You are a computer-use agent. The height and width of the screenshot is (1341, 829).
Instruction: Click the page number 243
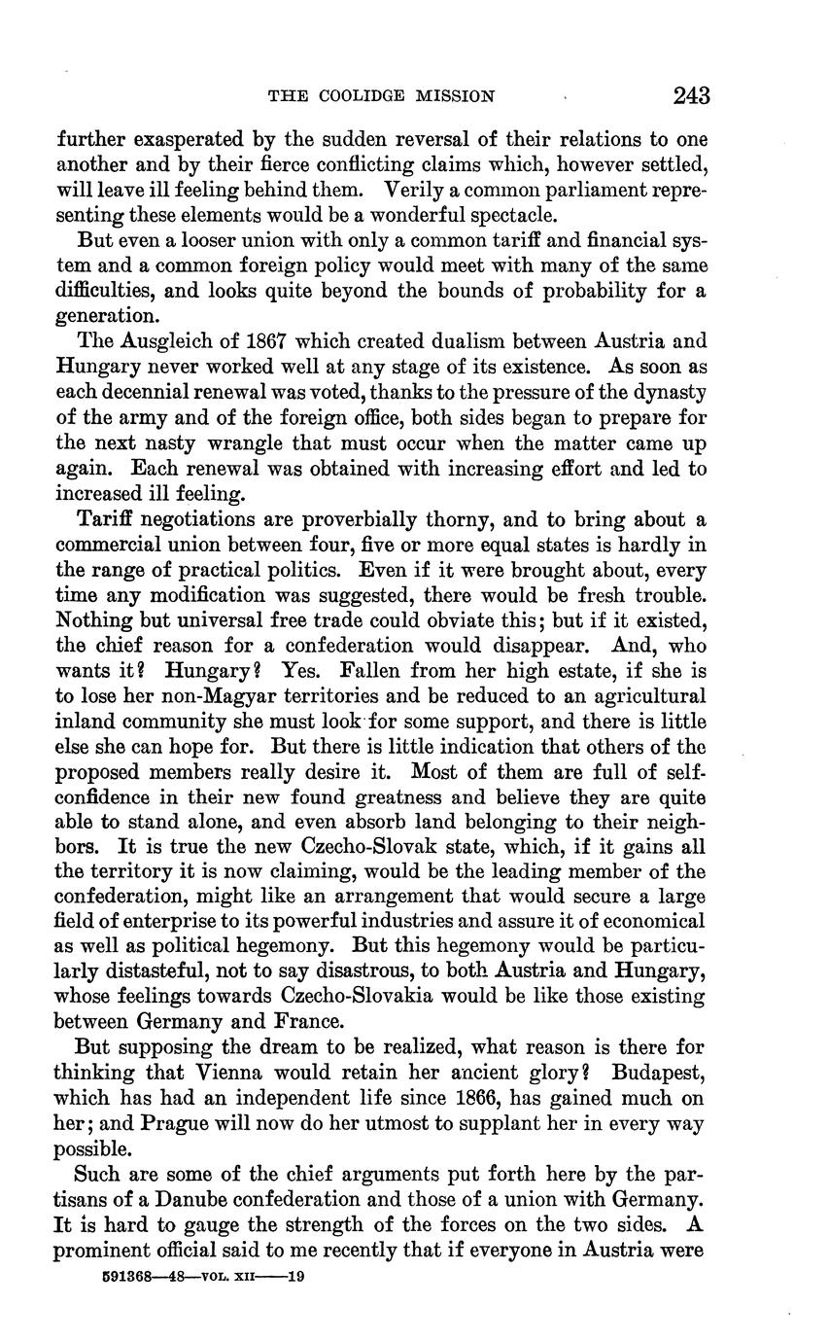[690, 95]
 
